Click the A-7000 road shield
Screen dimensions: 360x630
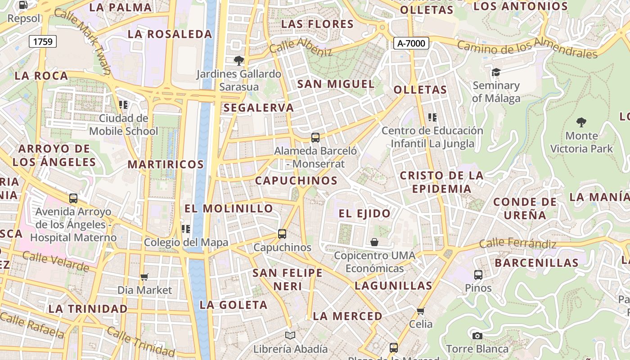411,43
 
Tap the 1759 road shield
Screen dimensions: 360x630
43,42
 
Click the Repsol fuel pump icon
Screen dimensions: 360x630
23,5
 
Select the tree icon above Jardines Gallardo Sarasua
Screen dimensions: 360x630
239,60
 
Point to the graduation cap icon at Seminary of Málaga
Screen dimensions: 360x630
496,72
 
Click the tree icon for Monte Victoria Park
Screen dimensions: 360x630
581,122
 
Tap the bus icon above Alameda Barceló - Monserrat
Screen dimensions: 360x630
315,138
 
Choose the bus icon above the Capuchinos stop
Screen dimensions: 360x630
282,234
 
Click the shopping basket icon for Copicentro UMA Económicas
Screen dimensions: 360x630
374,242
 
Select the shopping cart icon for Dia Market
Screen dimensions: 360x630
144,277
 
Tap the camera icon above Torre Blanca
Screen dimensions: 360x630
477,336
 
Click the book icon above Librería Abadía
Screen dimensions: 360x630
290,335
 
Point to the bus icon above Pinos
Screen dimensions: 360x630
478,274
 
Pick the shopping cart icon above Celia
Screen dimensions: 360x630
421,311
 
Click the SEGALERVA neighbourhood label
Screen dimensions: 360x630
259,108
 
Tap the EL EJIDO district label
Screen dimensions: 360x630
364,213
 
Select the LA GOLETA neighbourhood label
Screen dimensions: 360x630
234,305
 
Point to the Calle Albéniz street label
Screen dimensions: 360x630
301,47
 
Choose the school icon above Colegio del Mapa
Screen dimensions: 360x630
186,229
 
